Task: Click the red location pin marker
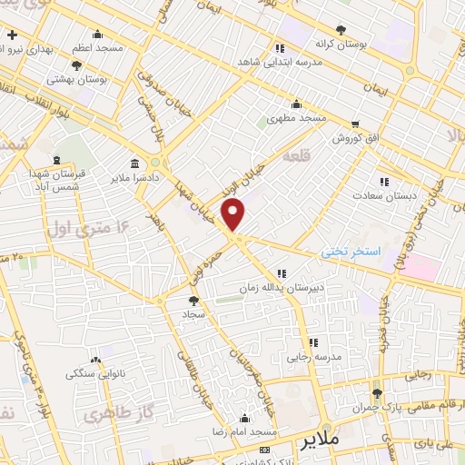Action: pos(234,214)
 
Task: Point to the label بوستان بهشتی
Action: pos(76,79)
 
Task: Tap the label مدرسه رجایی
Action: pos(314,357)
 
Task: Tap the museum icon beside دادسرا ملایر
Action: pos(135,163)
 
